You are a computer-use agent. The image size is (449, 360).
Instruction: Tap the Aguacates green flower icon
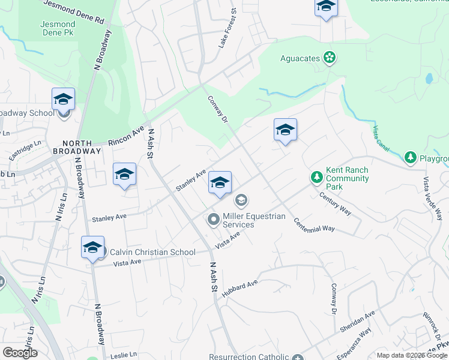(x=329, y=58)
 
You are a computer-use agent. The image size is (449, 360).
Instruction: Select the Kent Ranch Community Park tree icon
(x=316, y=177)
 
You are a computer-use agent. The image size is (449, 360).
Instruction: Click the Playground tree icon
(x=411, y=158)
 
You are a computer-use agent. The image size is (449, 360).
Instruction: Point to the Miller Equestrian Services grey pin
(x=214, y=220)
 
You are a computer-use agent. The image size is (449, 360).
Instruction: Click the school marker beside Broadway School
(x=63, y=100)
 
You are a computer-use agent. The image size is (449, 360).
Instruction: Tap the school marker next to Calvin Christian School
(x=92, y=247)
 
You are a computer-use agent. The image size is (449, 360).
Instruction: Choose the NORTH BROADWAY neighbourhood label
(x=76, y=147)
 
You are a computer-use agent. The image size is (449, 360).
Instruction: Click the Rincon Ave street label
(x=126, y=136)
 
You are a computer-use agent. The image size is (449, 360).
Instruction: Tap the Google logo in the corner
(x=20, y=353)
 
